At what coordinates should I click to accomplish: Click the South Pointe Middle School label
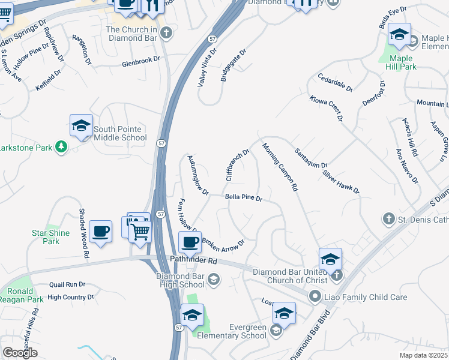119,133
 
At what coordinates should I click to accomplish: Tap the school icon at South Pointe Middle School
81,126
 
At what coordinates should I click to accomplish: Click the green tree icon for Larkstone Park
61,146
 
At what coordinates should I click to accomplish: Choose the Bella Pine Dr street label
244,197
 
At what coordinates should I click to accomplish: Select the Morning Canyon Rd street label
280,167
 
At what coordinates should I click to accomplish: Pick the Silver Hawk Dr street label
340,181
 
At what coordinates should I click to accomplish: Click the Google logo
20,353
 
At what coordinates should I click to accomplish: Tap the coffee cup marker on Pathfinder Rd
190,244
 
